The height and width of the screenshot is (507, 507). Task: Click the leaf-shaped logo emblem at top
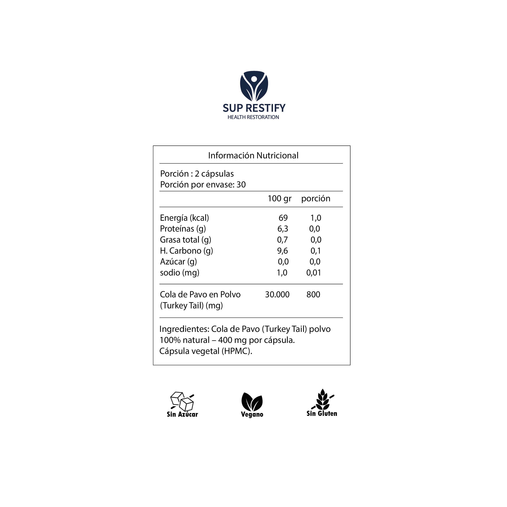click(254, 86)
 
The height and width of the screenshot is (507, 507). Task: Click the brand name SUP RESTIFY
click(254, 108)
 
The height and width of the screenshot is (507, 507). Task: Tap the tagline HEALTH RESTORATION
click(253, 117)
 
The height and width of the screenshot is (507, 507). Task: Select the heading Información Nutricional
click(253, 156)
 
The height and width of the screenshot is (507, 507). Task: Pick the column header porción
click(316, 199)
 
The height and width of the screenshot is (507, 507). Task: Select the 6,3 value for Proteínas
click(282, 229)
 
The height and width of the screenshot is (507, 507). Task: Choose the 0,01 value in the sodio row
click(314, 273)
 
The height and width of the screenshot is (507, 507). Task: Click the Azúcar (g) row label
click(178, 262)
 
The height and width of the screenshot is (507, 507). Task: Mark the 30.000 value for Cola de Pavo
click(277, 294)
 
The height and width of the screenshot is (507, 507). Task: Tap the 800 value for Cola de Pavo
click(313, 294)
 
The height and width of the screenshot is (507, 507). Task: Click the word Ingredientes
click(184, 329)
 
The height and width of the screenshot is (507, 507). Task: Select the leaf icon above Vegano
click(252, 402)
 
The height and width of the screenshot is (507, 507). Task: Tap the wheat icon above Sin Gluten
click(322, 400)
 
